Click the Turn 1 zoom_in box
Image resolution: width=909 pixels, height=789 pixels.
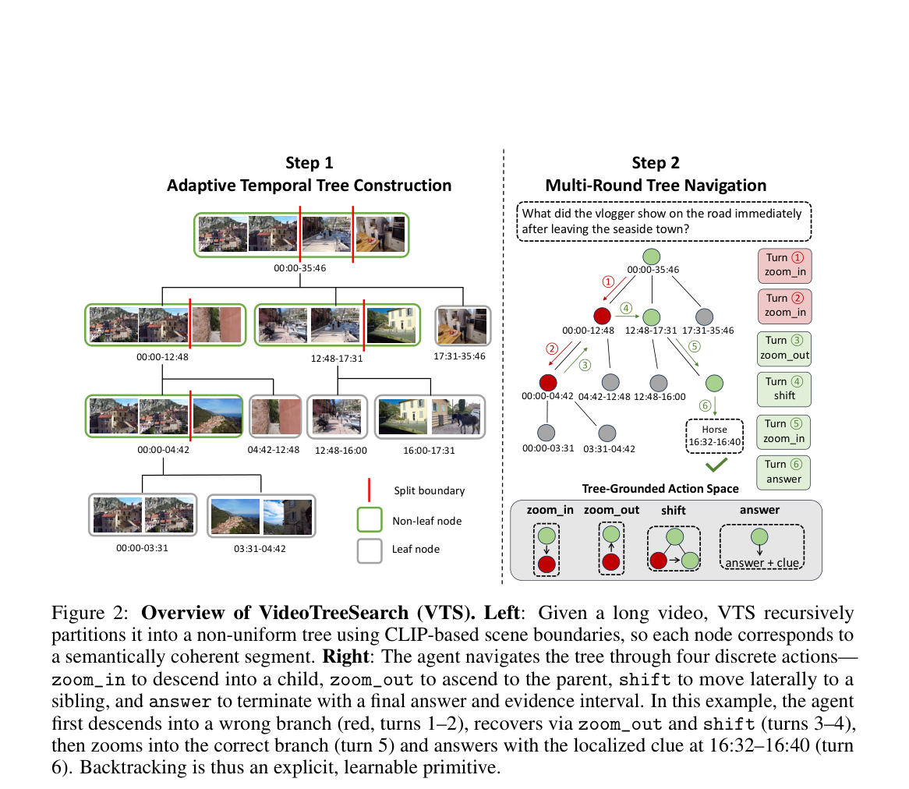click(784, 266)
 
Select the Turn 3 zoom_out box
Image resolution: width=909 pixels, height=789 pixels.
click(784, 349)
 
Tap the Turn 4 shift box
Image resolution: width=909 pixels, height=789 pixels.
click(784, 389)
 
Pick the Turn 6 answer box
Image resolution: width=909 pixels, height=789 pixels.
click(783, 472)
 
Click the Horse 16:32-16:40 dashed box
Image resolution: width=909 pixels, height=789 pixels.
click(714, 436)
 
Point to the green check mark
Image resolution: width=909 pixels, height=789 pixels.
click(716, 465)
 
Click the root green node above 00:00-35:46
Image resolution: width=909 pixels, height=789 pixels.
click(652, 257)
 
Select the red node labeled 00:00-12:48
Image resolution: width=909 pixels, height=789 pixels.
click(603, 316)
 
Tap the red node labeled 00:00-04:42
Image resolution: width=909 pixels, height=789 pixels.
click(548, 383)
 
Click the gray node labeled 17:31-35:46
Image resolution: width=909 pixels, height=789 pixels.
click(704, 317)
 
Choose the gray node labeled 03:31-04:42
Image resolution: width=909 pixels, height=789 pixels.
click(607, 433)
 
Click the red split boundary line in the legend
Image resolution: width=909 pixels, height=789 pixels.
click(370, 490)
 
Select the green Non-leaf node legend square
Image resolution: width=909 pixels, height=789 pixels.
click(370, 519)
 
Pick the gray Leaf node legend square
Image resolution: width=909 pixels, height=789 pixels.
click(370, 550)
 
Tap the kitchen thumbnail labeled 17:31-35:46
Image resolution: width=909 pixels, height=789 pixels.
click(462, 326)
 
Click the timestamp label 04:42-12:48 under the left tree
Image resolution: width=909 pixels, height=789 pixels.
click(274, 450)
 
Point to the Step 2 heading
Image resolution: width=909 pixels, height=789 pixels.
click(656, 163)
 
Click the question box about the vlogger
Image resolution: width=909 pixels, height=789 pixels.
click(663, 221)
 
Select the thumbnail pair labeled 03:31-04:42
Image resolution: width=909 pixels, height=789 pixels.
click(261, 516)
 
